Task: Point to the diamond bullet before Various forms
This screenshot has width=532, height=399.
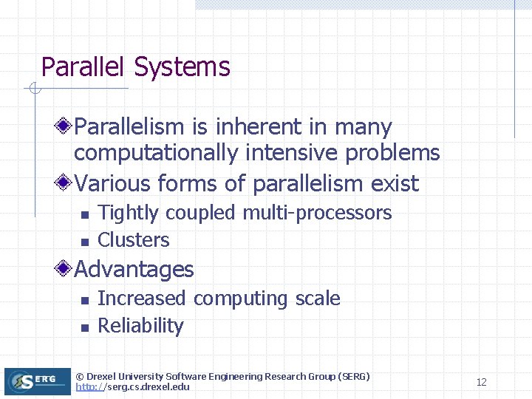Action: pos(66,183)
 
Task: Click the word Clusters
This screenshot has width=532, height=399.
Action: pos(134,240)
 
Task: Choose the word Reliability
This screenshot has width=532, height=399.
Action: pos(140,326)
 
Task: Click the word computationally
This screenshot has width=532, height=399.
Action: pos(156,154)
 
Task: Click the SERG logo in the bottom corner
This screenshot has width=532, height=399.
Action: pos(30,381)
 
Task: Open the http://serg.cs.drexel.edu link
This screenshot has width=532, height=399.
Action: pos(132,387)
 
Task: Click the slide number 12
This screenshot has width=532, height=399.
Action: pos(481,382)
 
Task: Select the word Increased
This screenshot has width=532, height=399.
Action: pos(141,299)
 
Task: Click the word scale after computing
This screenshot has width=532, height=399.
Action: pos(318,299)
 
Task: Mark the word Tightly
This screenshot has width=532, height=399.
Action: pos(128,214)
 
